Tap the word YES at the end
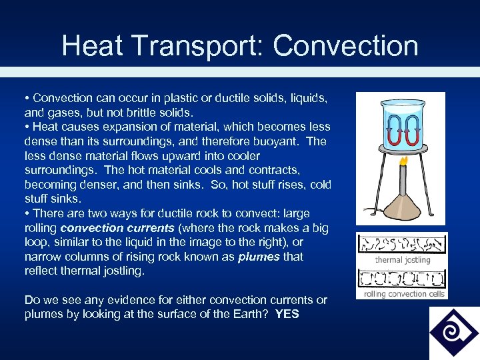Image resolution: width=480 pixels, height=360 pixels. tap(287, 314)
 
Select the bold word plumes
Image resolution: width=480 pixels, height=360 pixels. tap(259, 257)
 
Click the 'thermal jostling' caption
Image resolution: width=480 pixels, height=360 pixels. tap(402, 260)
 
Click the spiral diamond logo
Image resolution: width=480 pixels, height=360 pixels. tap(454, 333)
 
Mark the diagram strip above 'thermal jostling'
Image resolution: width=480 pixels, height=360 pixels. tap(402, 245)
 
